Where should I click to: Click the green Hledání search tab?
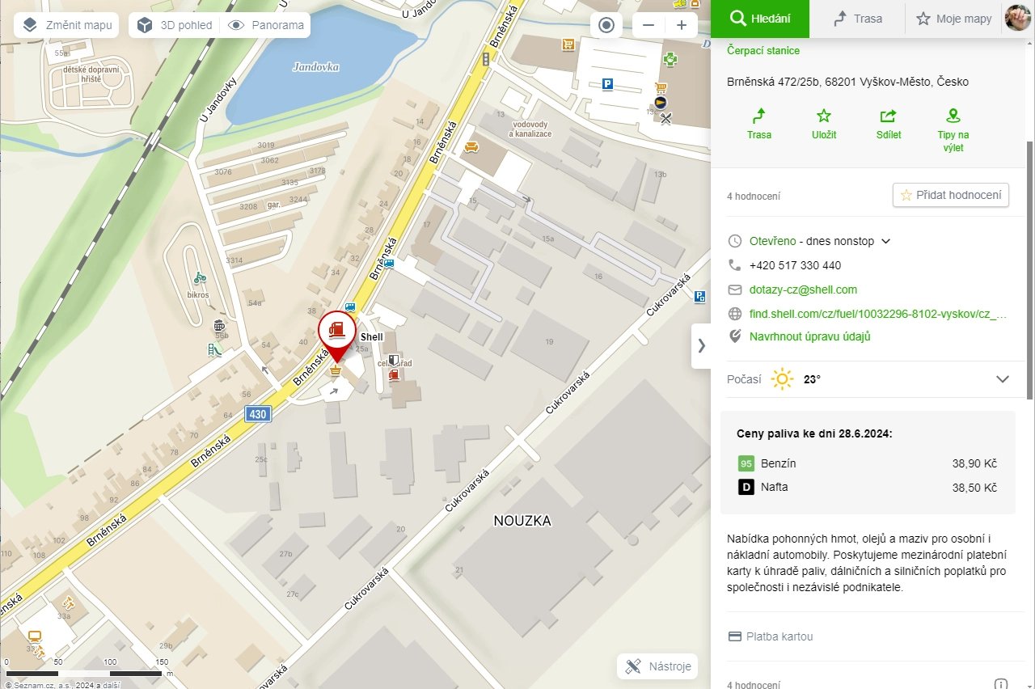759,19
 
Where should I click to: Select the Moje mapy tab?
953,19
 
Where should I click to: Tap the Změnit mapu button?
67,25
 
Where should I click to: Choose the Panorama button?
267,25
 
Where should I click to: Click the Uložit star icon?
824,116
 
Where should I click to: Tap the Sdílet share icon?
889,116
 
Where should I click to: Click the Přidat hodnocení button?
951,195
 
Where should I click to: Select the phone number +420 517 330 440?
795,265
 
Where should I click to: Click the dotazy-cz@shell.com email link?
803,290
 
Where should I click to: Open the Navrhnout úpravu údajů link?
809,336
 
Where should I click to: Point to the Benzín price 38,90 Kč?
974,463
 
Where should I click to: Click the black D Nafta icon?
746,487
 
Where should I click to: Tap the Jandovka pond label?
315,67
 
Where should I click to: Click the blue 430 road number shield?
257,414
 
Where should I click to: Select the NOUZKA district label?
522,521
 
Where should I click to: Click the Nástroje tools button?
658,666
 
